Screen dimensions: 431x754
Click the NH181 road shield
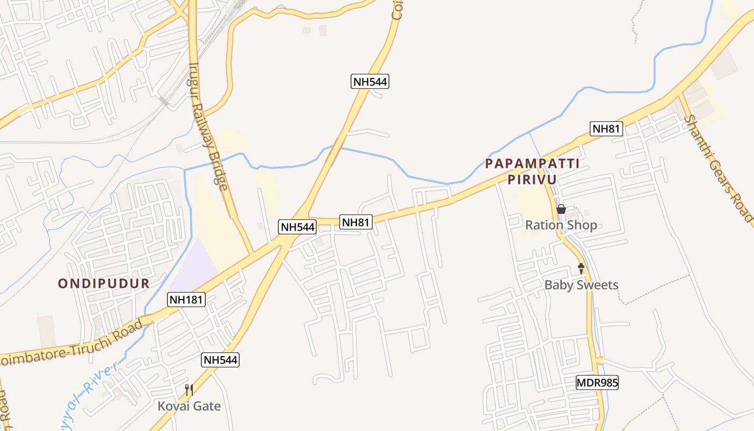coord(186,300)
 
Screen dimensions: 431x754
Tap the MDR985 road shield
coord(597,383)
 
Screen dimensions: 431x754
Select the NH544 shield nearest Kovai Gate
coord(220,360)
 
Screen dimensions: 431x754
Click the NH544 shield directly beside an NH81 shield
coord(297,227)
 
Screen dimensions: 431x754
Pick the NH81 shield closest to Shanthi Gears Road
coord(607,129)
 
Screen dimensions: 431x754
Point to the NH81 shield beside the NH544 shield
coord(356,221)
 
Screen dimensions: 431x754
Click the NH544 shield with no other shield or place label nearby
coord(370,81)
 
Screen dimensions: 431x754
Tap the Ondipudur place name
coord(103,283)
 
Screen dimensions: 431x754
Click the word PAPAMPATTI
coord(532,164)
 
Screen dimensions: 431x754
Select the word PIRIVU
coord(532,179)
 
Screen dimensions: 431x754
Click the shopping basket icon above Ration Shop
coord(561,209)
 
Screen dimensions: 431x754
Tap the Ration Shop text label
coord(561,225)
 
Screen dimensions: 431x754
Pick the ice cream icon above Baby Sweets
coord(581,268)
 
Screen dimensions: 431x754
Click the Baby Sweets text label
coord(581,285)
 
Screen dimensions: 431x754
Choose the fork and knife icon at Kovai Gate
coord(189,390)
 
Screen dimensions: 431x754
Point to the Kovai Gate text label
coord(189,406)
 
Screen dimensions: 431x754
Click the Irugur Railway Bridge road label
coord(208,127)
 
